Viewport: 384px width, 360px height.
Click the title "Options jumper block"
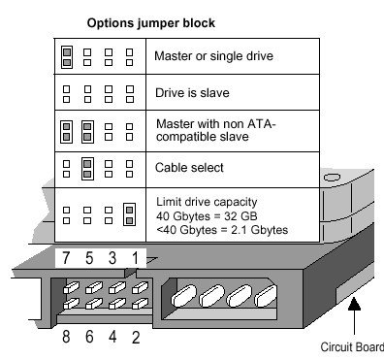tap(151, 23)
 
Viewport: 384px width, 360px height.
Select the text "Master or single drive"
tap(213, 56)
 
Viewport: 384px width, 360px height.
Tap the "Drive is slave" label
tap(192, 93)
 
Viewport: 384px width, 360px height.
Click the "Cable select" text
tap(189, 168)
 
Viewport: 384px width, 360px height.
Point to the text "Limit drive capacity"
tap(207, 202)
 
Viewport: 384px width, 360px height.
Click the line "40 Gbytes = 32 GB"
tap(207, 215)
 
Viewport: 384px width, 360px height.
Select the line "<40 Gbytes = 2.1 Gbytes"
tap(222, 230)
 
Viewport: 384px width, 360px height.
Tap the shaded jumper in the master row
tap(67, 57)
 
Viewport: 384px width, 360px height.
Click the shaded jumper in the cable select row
tap(87, 169)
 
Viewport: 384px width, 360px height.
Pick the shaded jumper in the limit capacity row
tap(129, 214)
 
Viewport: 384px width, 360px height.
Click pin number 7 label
tap(66, 258)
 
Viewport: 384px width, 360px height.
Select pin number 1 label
tap(135, 258)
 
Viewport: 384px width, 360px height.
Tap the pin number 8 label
tap(66, 337)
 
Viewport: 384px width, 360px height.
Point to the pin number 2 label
tap(136, 337)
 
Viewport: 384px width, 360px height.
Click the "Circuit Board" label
tap(352, 347)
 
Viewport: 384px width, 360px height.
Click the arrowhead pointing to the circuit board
tap(355, 304)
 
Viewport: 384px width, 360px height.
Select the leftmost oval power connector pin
tap(183, 295)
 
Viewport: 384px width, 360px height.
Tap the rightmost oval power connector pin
tap(266, 296)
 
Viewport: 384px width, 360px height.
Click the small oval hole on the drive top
tap(332, 178)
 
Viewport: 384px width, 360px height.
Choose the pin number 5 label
tap(89, 258)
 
